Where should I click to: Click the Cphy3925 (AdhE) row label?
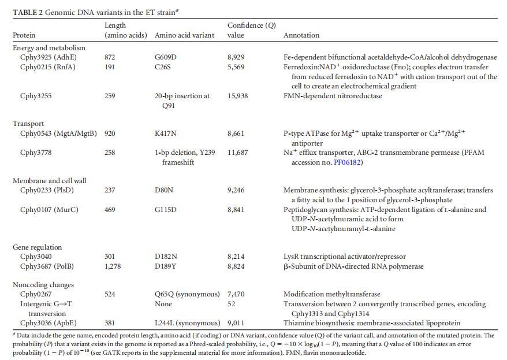pyautogui.click(x=48, y=57)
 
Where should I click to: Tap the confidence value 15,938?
pyautogui.click(x=238, y=96)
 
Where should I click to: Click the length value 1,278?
pyautogui.click(x=114, y=266)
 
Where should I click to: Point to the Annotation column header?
pyautogui.click(x=301, y=35)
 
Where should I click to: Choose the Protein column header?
pyautogui.click(x=24, y=35)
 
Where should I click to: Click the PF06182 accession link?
pyautogui.click(x=348, y=162)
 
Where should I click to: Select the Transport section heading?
pyautogui.click(x=28, y=124)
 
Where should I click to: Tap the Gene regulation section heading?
pyautogui.click(x=37, y=247)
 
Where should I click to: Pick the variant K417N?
pyautogui.click(x=166, y=133)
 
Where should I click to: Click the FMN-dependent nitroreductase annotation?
pyautogui.click(x=333, y=96)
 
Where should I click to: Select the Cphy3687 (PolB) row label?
pyautogui.click(x=47, y=266)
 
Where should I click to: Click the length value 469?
pyautogui.click(x=110, y=210)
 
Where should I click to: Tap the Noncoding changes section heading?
pyautogui.click(x=43, y=285)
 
